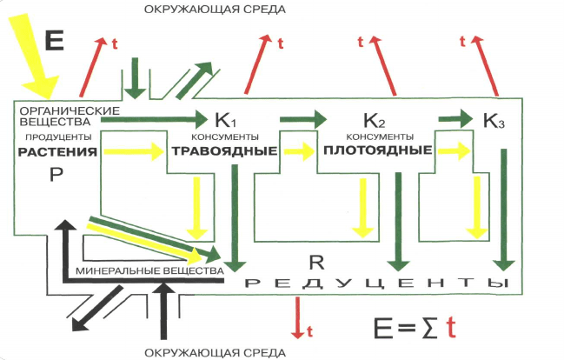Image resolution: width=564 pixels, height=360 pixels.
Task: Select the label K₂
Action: tap(373, 119)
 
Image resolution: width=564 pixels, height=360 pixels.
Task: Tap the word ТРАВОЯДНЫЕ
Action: tap(222, 150)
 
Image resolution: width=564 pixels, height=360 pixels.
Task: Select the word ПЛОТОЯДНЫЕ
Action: tap(377, 150)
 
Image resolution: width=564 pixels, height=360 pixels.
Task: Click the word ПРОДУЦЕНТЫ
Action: tap(55, 137)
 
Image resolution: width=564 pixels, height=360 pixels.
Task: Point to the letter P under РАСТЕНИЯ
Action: tap(53, 175)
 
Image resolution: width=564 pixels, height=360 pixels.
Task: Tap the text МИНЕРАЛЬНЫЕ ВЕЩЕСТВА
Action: tap(151, 271)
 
